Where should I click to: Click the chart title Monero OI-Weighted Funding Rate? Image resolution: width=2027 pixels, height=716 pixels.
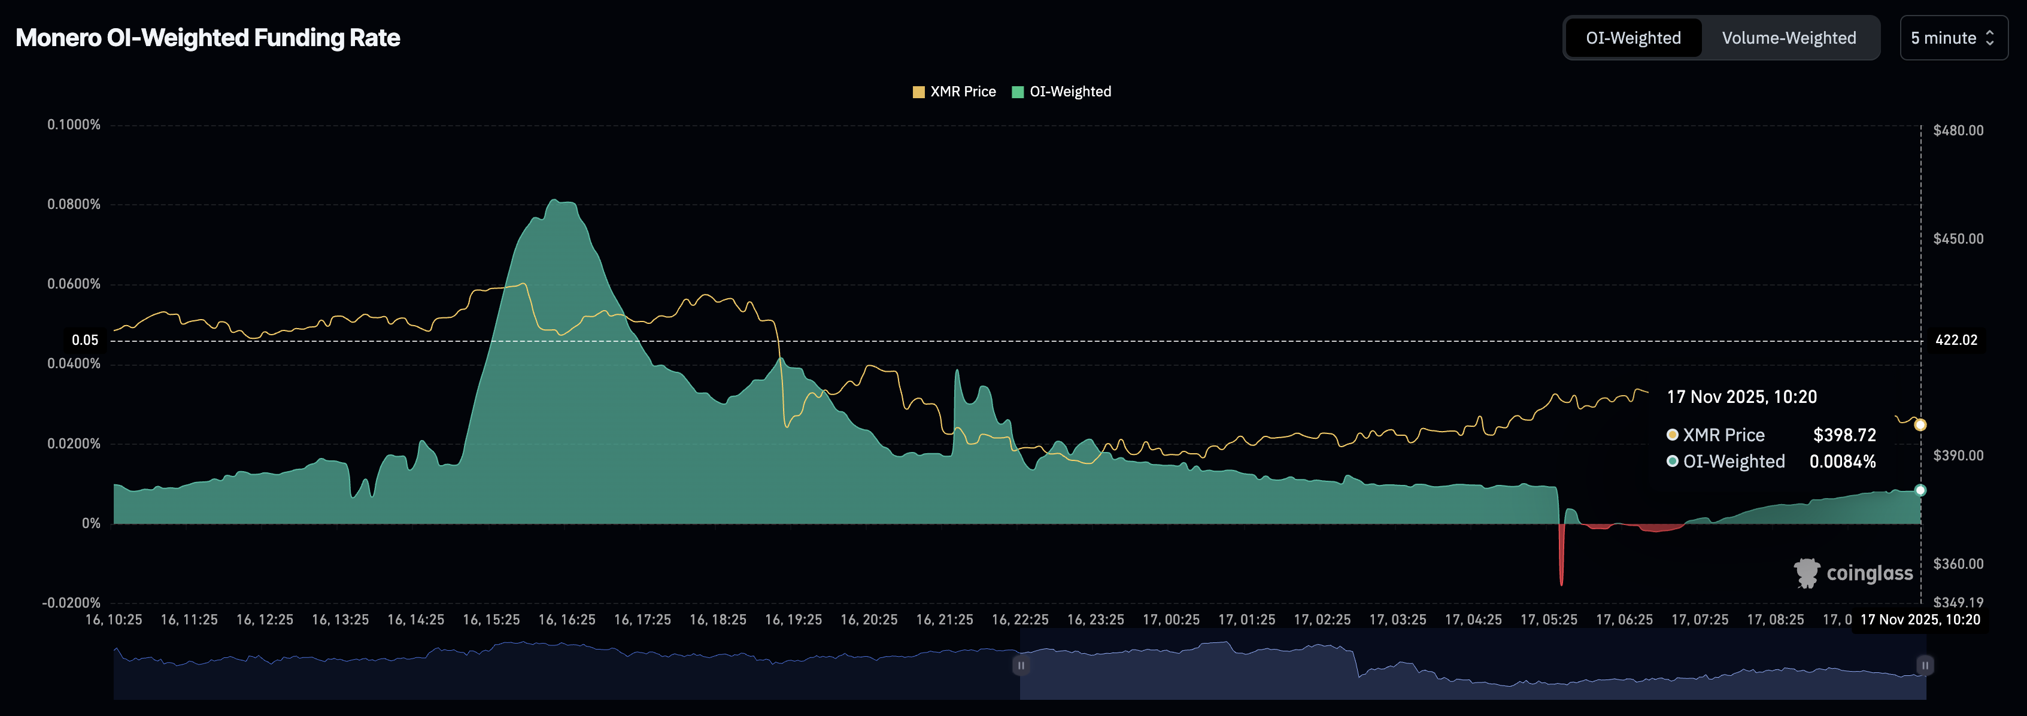(208, 38)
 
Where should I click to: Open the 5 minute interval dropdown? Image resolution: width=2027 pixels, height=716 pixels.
(1952, 38)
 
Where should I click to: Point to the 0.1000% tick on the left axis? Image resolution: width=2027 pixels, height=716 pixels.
(74, 125)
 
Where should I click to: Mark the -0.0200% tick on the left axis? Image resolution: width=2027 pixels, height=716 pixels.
(72, 603)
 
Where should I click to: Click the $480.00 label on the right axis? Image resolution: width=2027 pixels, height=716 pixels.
(1958, 131)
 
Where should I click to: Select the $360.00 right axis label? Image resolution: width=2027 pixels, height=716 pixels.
(1958, 564)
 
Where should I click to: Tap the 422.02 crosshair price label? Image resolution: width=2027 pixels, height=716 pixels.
(1955, 341)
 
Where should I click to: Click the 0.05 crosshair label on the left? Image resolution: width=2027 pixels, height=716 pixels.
(85, 341)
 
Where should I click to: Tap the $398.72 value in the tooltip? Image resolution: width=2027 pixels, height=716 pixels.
(1844, 435)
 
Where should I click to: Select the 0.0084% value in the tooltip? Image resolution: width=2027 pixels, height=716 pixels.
(1842, 462)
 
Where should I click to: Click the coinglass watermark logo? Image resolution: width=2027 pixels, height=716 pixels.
(1853, 573)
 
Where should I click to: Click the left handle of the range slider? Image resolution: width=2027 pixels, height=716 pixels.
(1021, 666)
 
